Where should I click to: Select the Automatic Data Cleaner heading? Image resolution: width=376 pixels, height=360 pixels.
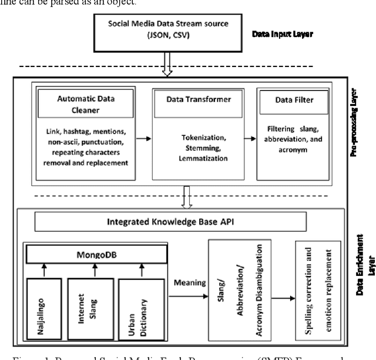click(76, 101)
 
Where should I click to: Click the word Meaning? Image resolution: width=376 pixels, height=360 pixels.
click(190, 282)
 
